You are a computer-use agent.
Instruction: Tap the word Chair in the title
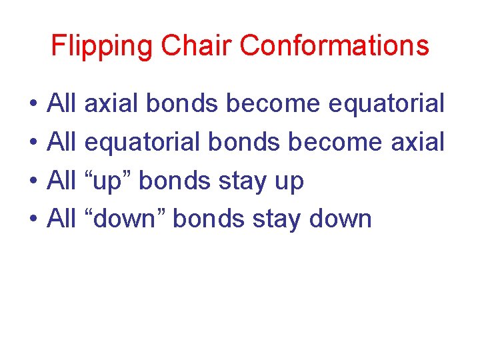click(x=194, y=46)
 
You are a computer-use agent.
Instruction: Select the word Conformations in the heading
click(x=335, y=46)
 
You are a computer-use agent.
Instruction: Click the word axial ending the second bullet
click(x=417, y=142)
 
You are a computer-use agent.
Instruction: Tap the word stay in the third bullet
click(x=244, y=181)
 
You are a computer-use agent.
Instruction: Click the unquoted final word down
click(x=341, y=219)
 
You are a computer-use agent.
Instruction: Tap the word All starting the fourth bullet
click(x=63, y=219)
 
